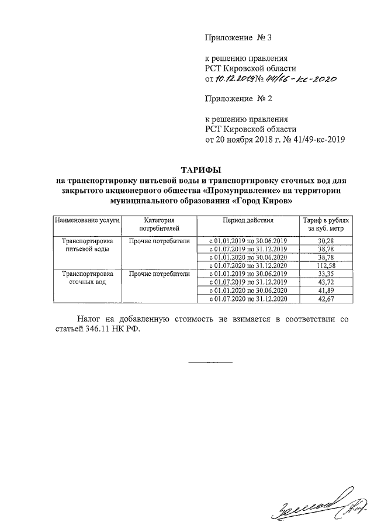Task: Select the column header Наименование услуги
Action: point(86,222)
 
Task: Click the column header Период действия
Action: point(248,222)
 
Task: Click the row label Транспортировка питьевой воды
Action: point(86,245)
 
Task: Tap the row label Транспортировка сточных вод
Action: point(86,278)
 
